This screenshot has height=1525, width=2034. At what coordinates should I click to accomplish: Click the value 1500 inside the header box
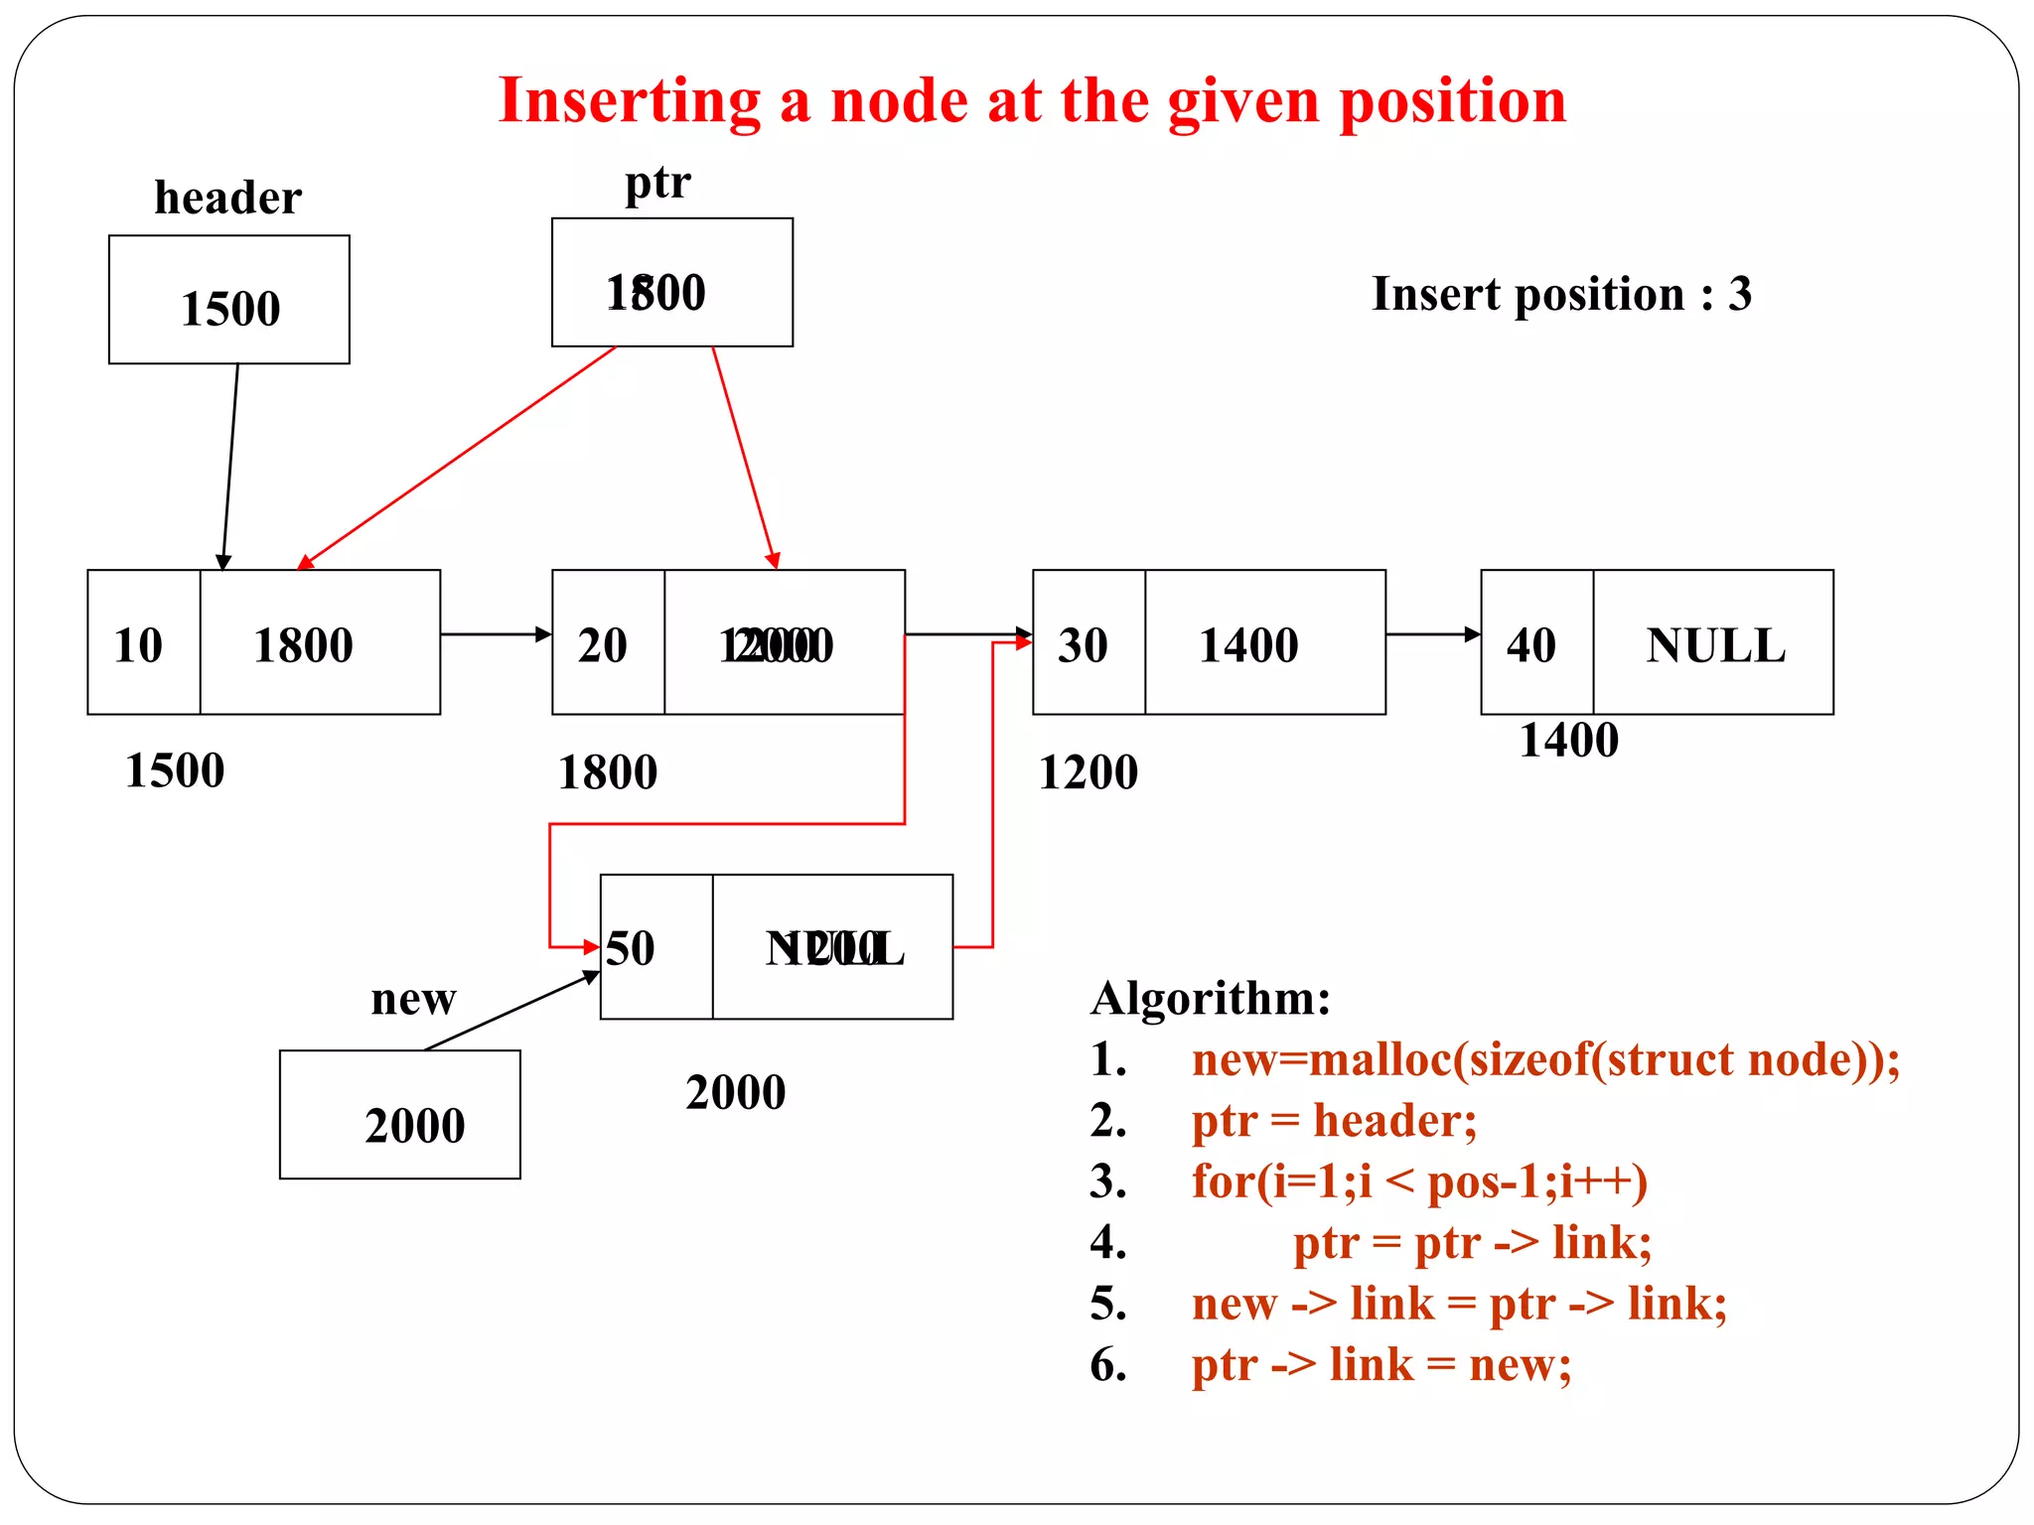click(x=230, y=309)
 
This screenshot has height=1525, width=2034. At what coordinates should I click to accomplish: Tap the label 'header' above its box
click(x=227, y=198)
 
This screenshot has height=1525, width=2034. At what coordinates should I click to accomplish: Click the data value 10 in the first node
click(x=138, y=645)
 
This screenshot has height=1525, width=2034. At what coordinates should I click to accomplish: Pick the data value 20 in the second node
click(x=603, y=645)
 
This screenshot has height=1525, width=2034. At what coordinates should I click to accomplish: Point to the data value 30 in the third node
click(x=1083, y=645)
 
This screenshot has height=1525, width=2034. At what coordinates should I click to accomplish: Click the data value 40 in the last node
click(x=1530, y=645)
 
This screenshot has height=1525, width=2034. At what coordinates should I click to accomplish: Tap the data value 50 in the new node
click(x=631, y=948)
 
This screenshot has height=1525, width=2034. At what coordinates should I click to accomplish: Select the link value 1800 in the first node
click(x=303, y=645)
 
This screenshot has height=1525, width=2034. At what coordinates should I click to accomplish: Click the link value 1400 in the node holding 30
click(x=1248, y=645)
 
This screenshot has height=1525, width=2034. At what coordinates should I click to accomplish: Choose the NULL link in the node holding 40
click(x=1715, y=645)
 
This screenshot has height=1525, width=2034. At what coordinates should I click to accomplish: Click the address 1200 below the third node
click(x=1088, y=772)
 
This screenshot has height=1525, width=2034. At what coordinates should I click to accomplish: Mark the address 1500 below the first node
click(x=175, y=770)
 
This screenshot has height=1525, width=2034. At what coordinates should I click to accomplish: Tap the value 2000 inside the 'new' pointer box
click(x=414, y=1126)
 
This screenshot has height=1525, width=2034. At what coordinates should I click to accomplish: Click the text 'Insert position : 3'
click(x=1561, y=294)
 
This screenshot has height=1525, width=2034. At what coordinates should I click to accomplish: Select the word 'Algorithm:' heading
click(x=1211, y=998)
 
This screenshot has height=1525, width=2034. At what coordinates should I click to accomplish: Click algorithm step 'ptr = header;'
click(x=1334, y=1121)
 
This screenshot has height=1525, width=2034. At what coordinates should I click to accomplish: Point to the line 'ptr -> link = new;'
click(x=1381, y=1364)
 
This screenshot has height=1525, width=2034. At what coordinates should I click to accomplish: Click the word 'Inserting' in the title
click(x=630, y=101)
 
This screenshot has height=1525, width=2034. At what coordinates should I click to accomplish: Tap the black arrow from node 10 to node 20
click(x=496, y=633)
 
